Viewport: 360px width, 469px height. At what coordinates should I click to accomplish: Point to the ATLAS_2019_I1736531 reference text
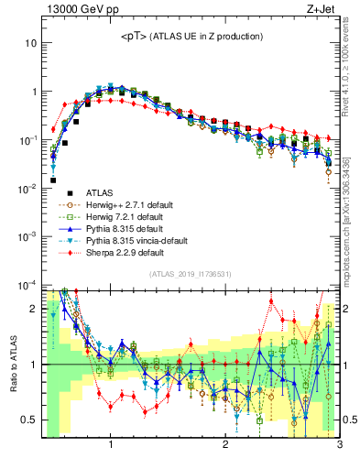[191, 275]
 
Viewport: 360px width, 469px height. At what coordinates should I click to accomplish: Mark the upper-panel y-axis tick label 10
[31, 44]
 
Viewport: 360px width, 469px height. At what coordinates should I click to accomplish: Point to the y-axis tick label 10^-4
[27, 284]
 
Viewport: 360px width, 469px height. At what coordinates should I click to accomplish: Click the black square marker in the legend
[57, 192]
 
